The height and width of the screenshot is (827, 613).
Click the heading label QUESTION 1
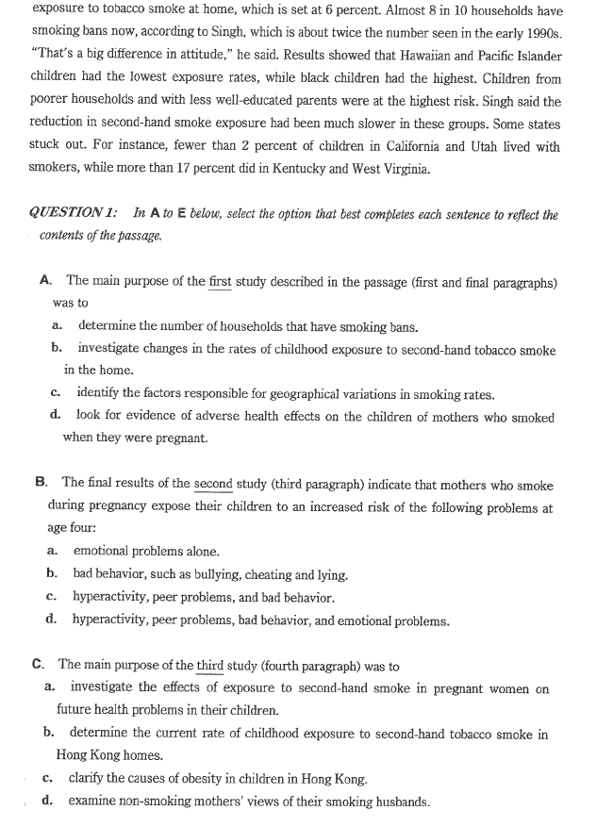pyautogui.click(x=74, y=215)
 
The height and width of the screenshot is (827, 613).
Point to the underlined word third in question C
pyautogui.click(x=209, y=666)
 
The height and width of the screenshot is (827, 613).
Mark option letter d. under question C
pyautogui.click(x=47, y=802)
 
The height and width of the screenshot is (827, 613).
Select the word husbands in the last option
pyautogui.click(x=402, y=802)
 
